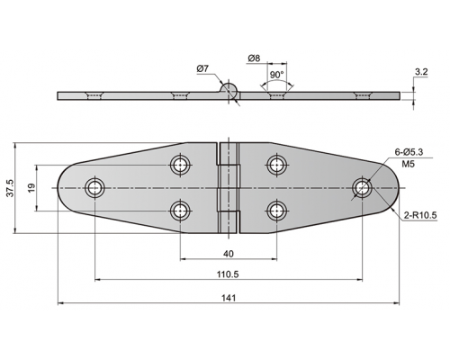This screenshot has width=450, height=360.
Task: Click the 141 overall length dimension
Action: pos(229,298)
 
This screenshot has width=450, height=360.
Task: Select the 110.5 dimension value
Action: pos(228,274)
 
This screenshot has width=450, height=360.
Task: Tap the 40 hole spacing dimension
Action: pos(229,254)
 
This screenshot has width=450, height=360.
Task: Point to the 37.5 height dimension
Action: pos(11,188)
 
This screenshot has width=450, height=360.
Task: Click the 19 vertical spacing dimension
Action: pos(31,188)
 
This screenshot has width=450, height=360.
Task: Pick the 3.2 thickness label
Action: pos(421,72)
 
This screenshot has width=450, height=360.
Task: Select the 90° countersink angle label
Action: pos(276,75)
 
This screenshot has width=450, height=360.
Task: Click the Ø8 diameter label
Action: pos(254,58)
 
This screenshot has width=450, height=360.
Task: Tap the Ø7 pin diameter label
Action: pos(202,69)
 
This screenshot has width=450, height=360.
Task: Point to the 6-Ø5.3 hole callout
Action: pos(409,152)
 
